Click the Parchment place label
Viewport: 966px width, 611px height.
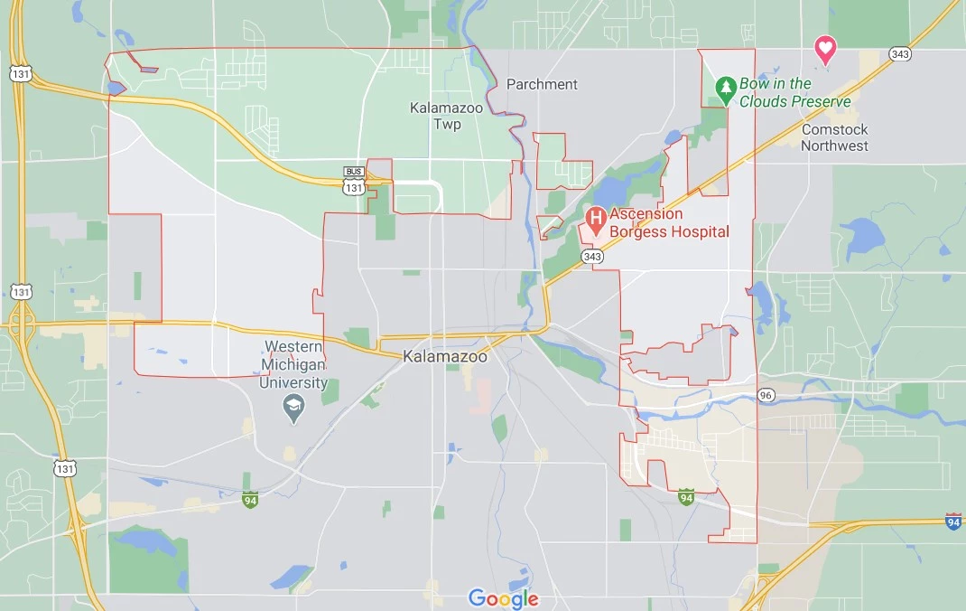coord(542,84)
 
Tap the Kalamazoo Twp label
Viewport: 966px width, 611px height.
coord(446,116)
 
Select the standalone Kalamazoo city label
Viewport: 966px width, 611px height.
coord(446,356)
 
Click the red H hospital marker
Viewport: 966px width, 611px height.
coord(596,217)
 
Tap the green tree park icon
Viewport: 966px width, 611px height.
coord(725,88)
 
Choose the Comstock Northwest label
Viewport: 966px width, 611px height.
coord(835,137)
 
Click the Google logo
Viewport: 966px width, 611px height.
coord(503,597)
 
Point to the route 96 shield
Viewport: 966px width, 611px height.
coord(766,395)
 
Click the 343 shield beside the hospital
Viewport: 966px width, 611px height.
coord(592,257)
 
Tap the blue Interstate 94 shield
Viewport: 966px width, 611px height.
coord(953,522)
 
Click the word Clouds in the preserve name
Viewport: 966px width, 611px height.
coord(766,101)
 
